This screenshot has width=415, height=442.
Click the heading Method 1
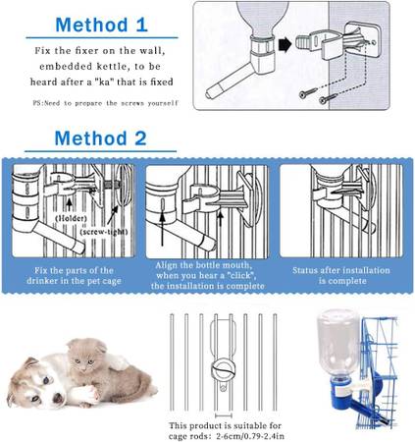(102, 25)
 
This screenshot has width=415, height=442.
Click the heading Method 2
(100, 138)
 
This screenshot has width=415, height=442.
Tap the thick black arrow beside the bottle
(285, 44)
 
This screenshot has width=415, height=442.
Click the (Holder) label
(71, 218)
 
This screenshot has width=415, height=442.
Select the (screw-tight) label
(104, 232)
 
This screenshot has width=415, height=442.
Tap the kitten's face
(83, 361)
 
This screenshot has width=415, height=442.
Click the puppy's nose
(58, 399)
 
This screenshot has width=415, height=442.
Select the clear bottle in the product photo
(338, 342)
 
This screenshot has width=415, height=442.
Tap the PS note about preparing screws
(105, 103)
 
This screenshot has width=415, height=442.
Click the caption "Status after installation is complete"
(341, 275)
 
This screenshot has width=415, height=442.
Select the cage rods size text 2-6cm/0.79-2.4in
(250, 436)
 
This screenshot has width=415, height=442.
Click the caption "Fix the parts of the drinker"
(74, 275)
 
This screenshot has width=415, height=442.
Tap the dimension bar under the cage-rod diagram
(224, 415)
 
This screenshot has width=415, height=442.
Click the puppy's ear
(28, 364)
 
